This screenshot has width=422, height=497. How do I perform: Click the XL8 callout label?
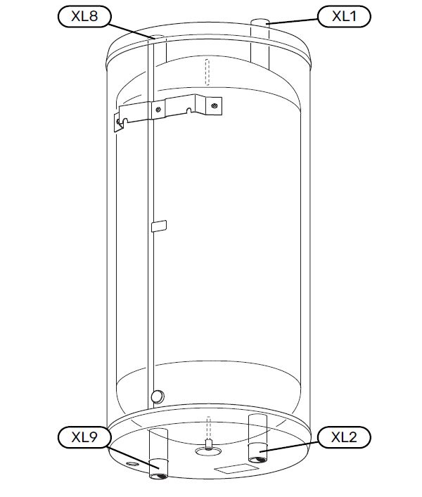pyautogui.click(x=84, y=16)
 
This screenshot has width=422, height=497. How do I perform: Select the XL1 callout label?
pyautogui.click(x=344, y=16)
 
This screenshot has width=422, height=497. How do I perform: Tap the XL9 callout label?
pyautogui.click(x=84, y=437)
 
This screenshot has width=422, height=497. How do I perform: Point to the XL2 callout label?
pyautogui.click(x=344, y=437)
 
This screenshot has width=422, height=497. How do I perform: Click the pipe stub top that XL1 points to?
pyautogui.click(x=260, y=22)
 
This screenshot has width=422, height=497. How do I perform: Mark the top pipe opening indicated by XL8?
pyautogui.click(x=157, y=37)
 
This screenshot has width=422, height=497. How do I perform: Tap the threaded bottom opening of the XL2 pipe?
pyautogui.click(x=257, y=459)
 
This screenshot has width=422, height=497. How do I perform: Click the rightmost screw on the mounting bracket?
pyautogui.click(x=215, y=105)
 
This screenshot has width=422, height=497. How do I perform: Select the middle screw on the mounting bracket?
pyautogui.click(x=158, y=110)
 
